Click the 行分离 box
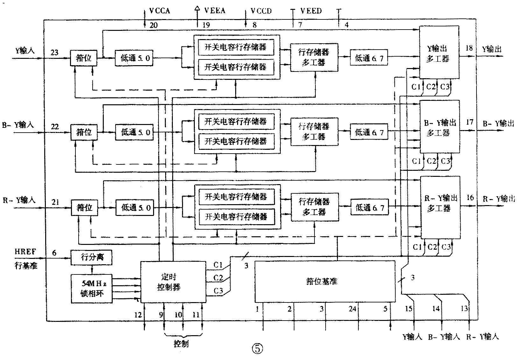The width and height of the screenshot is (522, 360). (92, 258)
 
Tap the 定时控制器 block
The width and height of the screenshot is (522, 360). (173, 282)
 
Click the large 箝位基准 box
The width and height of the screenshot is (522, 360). (325, 281)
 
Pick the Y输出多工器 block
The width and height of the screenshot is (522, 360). (439, 54)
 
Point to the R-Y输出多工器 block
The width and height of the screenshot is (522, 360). (440, 204)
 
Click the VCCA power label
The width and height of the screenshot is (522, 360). (160, 11)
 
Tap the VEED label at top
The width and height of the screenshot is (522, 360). (311, 11)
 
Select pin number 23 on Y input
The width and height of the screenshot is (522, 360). (55, 52)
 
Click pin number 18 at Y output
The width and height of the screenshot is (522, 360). (469, 48)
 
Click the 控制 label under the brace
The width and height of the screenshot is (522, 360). (181, 343)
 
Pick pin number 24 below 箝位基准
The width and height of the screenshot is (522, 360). (352, 308)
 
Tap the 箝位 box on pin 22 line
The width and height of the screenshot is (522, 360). (84, 132)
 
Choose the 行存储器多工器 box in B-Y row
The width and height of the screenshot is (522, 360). (314, 131)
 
